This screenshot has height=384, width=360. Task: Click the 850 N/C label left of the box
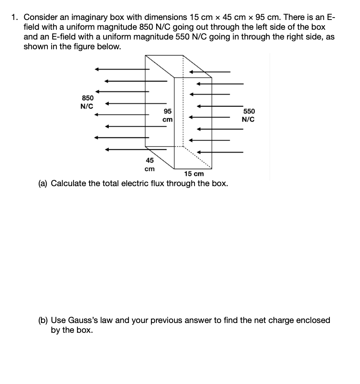tap(87, 102)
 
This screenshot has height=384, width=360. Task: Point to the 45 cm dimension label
tap(149, 165)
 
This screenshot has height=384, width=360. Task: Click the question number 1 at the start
tap(14, 17)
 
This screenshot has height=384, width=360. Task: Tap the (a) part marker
tap(43, 183)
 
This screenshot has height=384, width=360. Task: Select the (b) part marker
tap(43, 320)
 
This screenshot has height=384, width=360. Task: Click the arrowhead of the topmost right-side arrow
tap(192, 72)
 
